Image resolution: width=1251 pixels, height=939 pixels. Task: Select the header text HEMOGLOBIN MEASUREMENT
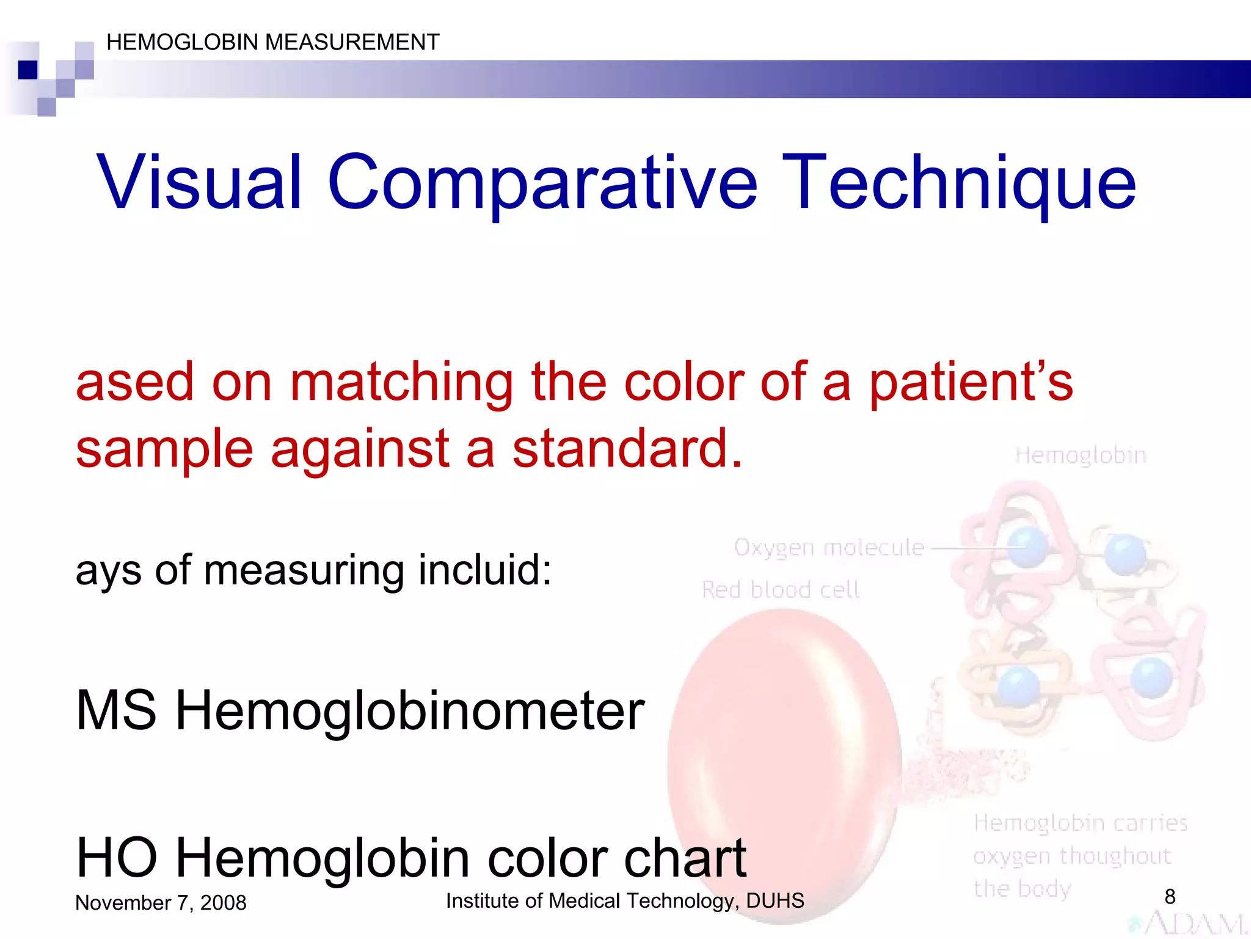pos(272,42)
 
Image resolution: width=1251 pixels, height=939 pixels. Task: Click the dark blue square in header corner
pos(27,70)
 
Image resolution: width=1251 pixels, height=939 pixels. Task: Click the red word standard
pos(627,448)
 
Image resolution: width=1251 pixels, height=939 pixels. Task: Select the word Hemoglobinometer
pos(409,710)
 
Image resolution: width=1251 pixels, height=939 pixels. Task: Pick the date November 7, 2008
pos(161,902)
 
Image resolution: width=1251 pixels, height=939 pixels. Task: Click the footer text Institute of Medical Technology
pos(625,900)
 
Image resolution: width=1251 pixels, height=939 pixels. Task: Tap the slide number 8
pos(1170,896)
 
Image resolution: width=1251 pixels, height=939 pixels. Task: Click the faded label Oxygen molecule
pos(828,547)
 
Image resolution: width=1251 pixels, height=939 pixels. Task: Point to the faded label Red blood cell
pos(780,589)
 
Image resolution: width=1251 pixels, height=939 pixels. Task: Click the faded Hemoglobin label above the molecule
pos(1080,455)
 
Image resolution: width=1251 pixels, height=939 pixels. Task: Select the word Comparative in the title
pos(542,182)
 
